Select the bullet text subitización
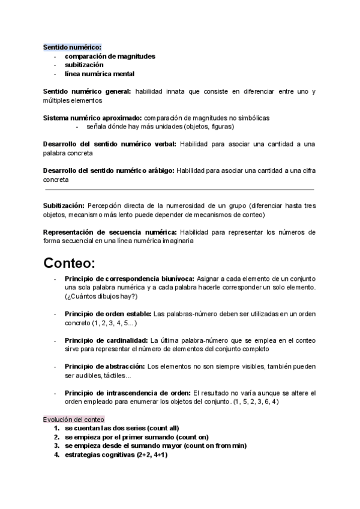click(x=84, y=64)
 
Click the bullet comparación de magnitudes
click(x=110, y=56)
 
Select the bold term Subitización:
click(x=64, y=205)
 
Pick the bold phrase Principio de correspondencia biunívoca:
click(x=129, y=279)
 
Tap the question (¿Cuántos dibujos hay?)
click(x=101, y=296)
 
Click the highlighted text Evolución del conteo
click(x=73, y=419)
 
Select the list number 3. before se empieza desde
click(x=56, y=446)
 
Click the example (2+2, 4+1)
click(x=147, y=455)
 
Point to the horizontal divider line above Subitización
click(x=179, y=190)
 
